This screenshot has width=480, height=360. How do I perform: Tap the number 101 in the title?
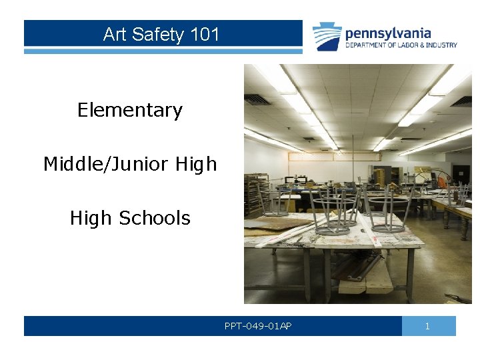pos(205,35)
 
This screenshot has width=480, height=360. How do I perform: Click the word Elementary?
pos(129,110)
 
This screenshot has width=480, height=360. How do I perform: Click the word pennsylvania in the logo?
pos(388,33)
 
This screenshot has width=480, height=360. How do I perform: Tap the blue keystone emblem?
pos(328,37)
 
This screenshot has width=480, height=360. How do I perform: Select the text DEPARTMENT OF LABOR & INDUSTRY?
pos(401,45)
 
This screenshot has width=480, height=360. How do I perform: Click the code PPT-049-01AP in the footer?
pos(258,326)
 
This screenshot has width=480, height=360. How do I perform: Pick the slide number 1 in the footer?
pos(428,326)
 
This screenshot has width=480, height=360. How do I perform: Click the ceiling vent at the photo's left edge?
pos(257,99)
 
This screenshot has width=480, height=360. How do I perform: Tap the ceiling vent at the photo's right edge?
pos(463,101)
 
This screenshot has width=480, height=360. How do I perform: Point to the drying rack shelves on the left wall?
pos(256,193)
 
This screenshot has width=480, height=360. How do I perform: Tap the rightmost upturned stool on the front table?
pos(389,210)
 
